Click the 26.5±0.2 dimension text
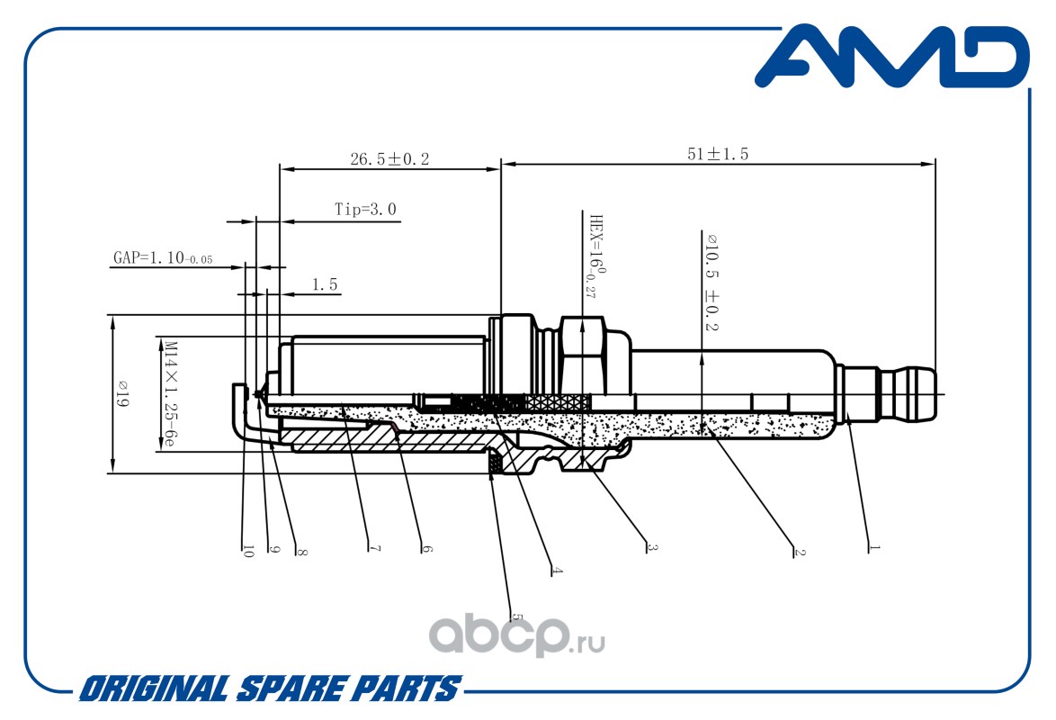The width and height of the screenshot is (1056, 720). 389,159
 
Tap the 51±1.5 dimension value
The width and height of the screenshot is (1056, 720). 717,154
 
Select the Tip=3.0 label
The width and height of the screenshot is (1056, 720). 366,209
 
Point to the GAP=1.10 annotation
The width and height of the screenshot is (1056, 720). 162,257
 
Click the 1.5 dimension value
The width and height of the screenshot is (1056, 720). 325,285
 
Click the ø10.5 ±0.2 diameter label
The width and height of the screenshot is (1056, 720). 711,282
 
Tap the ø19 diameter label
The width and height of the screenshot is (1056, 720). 122,393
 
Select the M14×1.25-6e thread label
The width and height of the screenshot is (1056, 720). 170,393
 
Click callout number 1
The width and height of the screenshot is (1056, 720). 873,547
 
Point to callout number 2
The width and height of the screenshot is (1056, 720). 799,552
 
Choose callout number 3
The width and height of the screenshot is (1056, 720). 651,547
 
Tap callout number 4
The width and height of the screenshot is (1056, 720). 556,571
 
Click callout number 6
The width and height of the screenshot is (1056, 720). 426,549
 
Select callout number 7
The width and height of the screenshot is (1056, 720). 374,549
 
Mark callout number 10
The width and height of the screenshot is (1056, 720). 247,551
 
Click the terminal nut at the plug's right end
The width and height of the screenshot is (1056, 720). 886,393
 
